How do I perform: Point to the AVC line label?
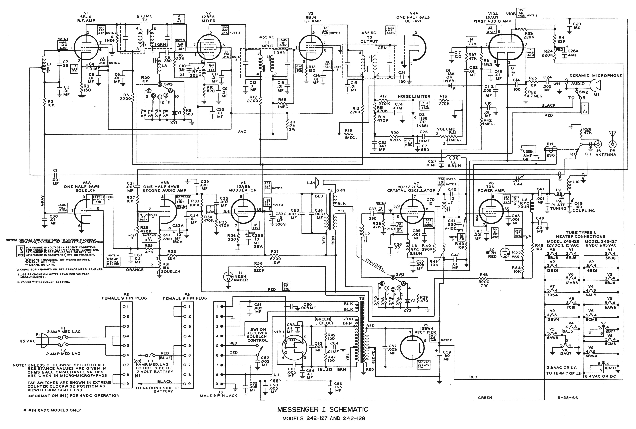pos(242,132)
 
